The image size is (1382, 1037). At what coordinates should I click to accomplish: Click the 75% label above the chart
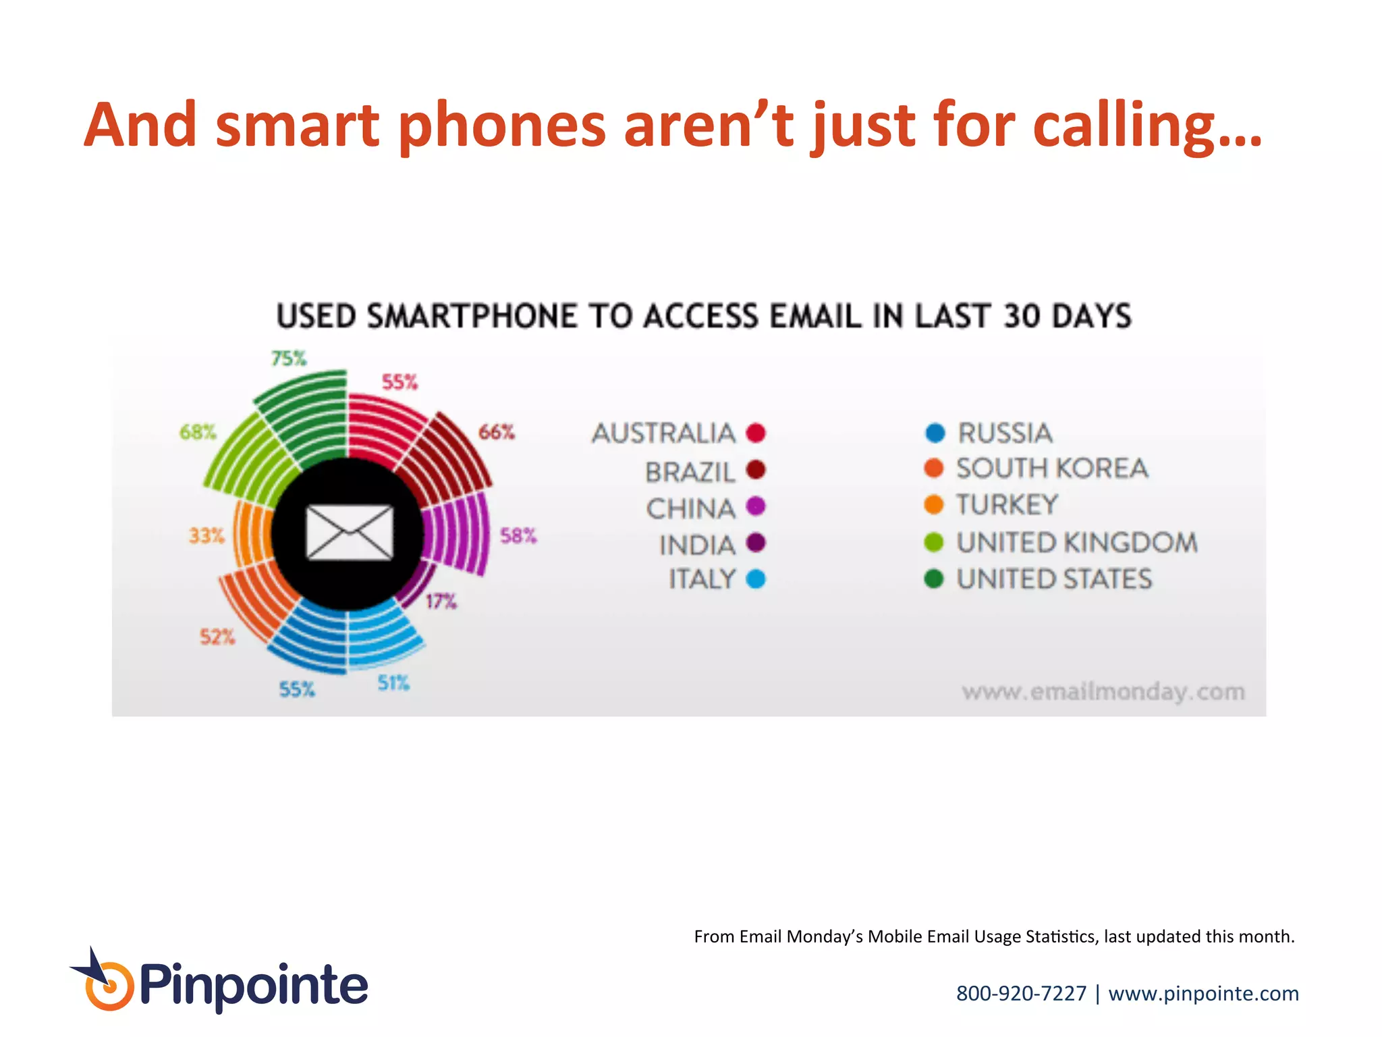pyautogui.click(x=289, y=358)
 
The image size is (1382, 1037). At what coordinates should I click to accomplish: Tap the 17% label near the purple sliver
pyautogui.click(x=441, y=601)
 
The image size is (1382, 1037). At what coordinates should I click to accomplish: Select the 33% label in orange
pyautogui.click(x=206, y=535)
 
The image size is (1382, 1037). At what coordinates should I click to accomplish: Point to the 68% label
pyautogui.click(x=198, y=432)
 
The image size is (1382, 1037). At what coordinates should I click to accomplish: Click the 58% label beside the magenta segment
pyautogui.click(x=518, y=535)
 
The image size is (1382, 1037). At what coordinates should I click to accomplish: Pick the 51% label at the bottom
pyautogui.click(x=393, y=683)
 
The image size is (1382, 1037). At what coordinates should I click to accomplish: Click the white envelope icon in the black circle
pyautogui.click(x=350, y=533)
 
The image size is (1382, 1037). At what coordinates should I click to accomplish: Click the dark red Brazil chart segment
pyautogui.click(x=445, y=459)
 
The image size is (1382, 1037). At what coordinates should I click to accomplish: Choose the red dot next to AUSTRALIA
pyautogui.click(x=756, y=433)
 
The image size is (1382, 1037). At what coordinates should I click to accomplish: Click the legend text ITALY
pyautogui.click(x=702, y=579)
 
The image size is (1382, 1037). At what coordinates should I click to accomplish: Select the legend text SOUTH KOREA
pyautogui.click(x=1052, y=469)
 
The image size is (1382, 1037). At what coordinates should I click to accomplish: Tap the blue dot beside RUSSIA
pyautogui.click(x=935, y=433)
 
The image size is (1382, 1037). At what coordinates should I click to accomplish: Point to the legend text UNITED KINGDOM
pyautogui.click(x=1077, y=543)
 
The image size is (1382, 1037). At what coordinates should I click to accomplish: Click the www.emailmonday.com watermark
pyautogui.click(x=1103, y=691)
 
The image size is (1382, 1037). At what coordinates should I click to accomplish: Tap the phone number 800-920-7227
pyautogui.click(x=1021, y=993)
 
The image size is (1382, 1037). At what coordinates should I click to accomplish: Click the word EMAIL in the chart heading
pyautogui.click(x=815, y=317)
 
